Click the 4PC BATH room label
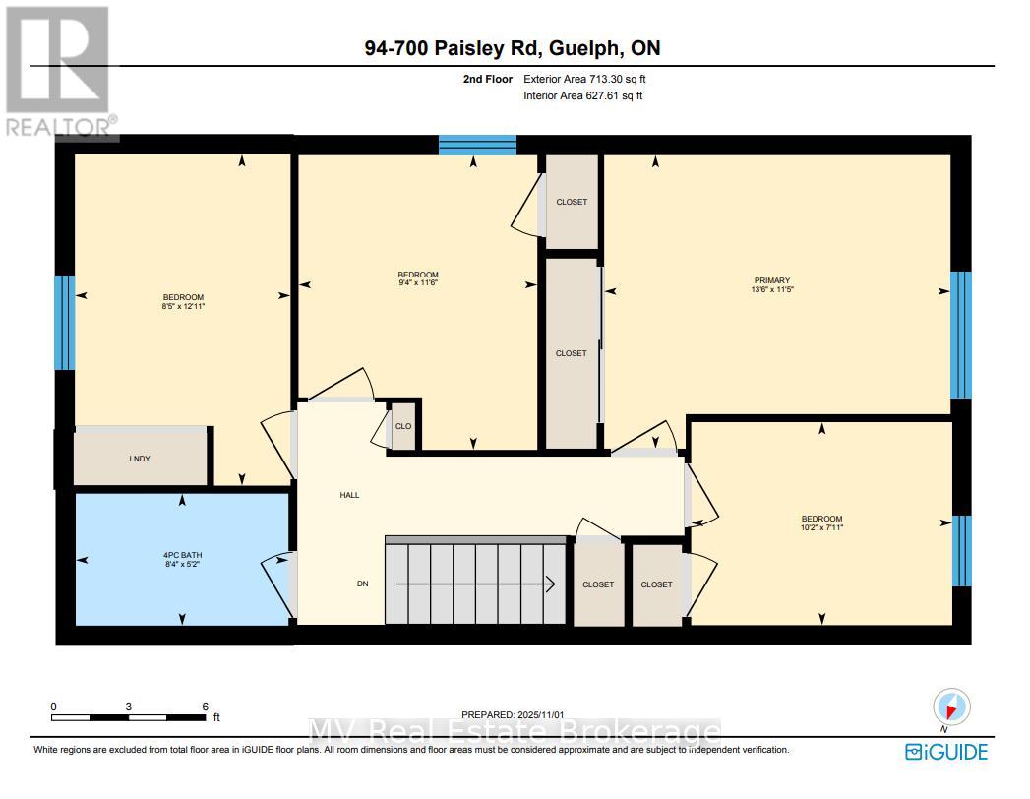[183, 555]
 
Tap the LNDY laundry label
[140, 459]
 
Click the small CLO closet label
[402, 426]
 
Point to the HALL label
[349, 495]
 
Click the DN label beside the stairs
[362, 584]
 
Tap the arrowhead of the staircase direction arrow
[552, 584]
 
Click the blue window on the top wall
[477, 146]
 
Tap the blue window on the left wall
[64, 322]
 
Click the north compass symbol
[951, 707]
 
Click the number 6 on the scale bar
[205, 707]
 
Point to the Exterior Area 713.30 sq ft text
[583, 79]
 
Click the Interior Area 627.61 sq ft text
[583, 95]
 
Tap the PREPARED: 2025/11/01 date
[514, 714]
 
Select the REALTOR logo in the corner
[58, 71]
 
